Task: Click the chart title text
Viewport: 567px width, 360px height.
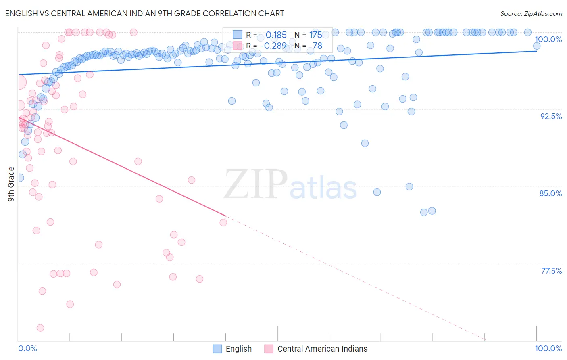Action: (x=144, y=14)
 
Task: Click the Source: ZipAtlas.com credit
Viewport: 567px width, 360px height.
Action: (x=531, y=14)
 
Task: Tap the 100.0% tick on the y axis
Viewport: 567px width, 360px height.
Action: (x=548, y=39)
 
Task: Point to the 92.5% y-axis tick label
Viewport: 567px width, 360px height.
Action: (x=551, y=116)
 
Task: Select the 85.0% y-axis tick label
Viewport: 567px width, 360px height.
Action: (x=550, y=193)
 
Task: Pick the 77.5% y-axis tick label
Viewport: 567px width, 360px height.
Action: (x=551, y=271)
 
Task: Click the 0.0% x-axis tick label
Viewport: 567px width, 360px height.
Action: (x=27, y=348)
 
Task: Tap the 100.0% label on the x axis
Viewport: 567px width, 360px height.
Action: (x=548, y=348)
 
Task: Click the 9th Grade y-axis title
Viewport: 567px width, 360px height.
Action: (x=11, y=184)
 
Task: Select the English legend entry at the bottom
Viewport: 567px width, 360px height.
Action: (x=233, y=349)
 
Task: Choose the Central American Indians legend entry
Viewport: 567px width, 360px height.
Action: (x=316, y=349)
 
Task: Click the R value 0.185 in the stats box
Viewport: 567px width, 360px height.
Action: (x=276, y=35)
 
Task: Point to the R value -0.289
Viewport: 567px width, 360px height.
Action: (x=273, y=46)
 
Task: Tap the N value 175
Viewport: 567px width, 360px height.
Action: (x=315, y=35)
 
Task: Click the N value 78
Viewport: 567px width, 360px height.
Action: (x=317, y=46)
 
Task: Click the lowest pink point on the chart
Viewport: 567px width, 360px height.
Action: (x=40, y=328)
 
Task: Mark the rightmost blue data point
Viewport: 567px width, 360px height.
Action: (x=537, y=46)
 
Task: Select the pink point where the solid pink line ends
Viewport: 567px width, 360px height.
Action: (x=223, y=222)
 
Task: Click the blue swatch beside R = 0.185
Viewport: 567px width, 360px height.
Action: (x=238, y=35)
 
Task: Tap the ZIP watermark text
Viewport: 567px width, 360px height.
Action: (x=256, y=185)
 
